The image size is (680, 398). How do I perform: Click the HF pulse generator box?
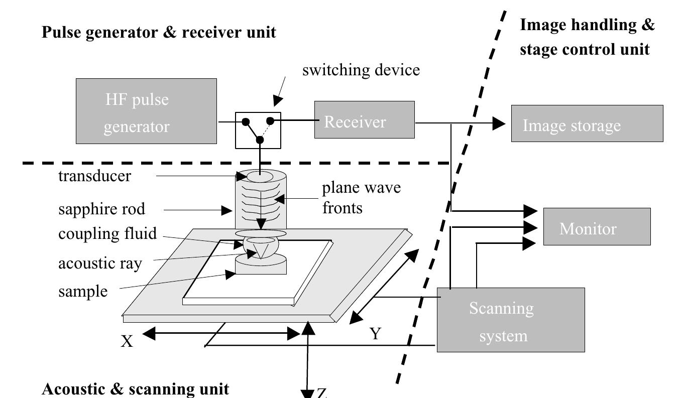point(146,111)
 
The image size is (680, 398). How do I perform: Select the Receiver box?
point(364,119)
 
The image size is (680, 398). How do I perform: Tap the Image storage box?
point(587,123)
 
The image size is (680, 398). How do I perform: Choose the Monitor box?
point(597,227)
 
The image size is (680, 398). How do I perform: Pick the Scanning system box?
point(511,320)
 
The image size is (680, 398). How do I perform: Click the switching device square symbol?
point(258,130)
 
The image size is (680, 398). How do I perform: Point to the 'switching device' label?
point(361,70)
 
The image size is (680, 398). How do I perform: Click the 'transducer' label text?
point(94,176)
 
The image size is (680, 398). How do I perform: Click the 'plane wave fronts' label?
point(362,197)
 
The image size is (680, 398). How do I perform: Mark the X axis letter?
point(128,341)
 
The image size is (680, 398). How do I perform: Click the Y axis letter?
point(376,333)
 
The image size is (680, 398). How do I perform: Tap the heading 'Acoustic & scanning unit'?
point(136,389)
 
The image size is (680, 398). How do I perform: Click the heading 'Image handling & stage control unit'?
point(588,37)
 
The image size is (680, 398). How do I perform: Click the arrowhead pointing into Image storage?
point(498,123)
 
